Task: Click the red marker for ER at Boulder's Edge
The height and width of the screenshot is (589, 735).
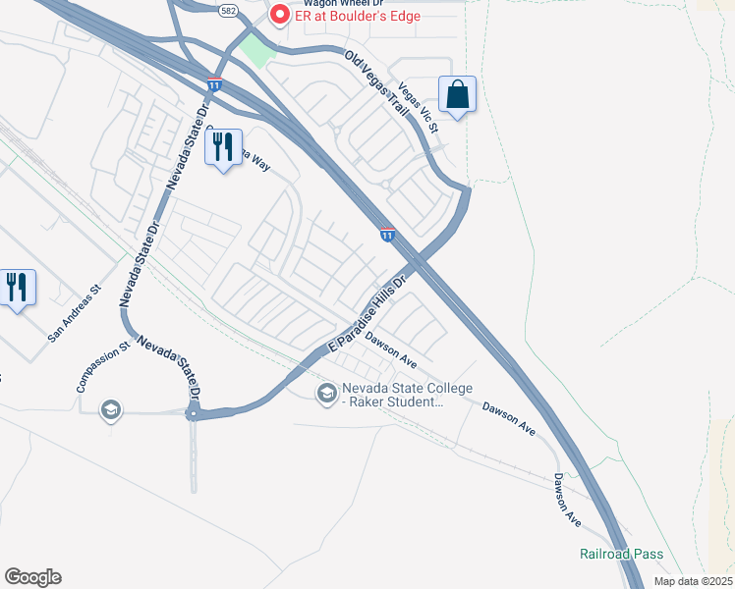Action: (279, 16)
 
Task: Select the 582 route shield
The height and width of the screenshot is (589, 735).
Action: (229, 10)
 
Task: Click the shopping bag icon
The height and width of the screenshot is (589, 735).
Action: (458, 95)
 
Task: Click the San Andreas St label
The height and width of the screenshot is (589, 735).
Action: (75, 315)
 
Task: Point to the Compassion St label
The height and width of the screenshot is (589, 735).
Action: (103, 367)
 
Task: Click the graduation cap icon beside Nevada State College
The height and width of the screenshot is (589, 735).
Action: (326, 394)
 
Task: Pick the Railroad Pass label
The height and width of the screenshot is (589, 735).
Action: (621, 555)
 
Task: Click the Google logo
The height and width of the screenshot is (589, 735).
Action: (32, 577)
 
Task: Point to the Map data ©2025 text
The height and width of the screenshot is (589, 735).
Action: (692, 581)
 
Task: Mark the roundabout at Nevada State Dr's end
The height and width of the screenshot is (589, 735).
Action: (194, 414)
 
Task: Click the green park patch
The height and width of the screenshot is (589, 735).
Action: (256, 50)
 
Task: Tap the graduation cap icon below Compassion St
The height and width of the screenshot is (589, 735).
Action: (110, 409)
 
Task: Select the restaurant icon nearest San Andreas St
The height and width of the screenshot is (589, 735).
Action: (18, 288)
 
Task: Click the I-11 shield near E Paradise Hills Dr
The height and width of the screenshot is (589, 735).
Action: (388, 234)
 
